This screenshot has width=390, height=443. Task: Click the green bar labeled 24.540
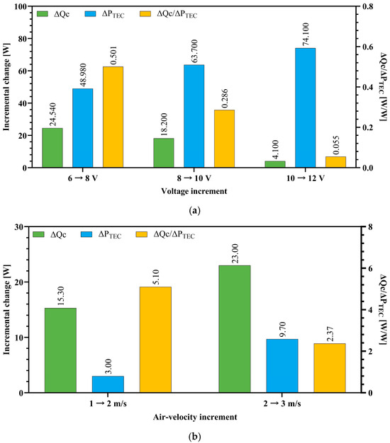click(52, 148)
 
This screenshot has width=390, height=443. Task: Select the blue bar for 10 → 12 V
click(306, 108)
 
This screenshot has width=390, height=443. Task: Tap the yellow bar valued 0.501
click(113, 117)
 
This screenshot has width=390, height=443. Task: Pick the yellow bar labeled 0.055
click(335, 162)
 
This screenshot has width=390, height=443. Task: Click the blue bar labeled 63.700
click(194, 116)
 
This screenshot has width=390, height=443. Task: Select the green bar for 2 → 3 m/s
click(235, 329)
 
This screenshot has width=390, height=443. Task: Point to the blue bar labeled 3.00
click(108, 384)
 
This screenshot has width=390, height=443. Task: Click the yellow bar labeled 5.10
click(155, 340)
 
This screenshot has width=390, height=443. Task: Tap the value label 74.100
click(306, 35)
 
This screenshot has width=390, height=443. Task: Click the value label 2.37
click(330, 334)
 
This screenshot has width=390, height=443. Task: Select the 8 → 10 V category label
click(194, 178)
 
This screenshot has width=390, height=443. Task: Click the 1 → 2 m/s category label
click(108, 403)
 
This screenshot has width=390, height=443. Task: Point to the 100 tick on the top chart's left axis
click(21, 6)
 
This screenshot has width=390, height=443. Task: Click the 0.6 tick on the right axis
click(368, 47)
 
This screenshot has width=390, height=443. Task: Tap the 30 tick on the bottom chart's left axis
click(19, 226)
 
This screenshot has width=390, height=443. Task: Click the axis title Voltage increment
click(194, 191)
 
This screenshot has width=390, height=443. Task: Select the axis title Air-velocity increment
click(195, 417)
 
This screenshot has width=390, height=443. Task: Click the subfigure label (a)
click(194, 211)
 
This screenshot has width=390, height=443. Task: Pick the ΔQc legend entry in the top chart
click(53, 14)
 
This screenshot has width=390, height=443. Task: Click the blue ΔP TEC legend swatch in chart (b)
click(87, 234)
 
